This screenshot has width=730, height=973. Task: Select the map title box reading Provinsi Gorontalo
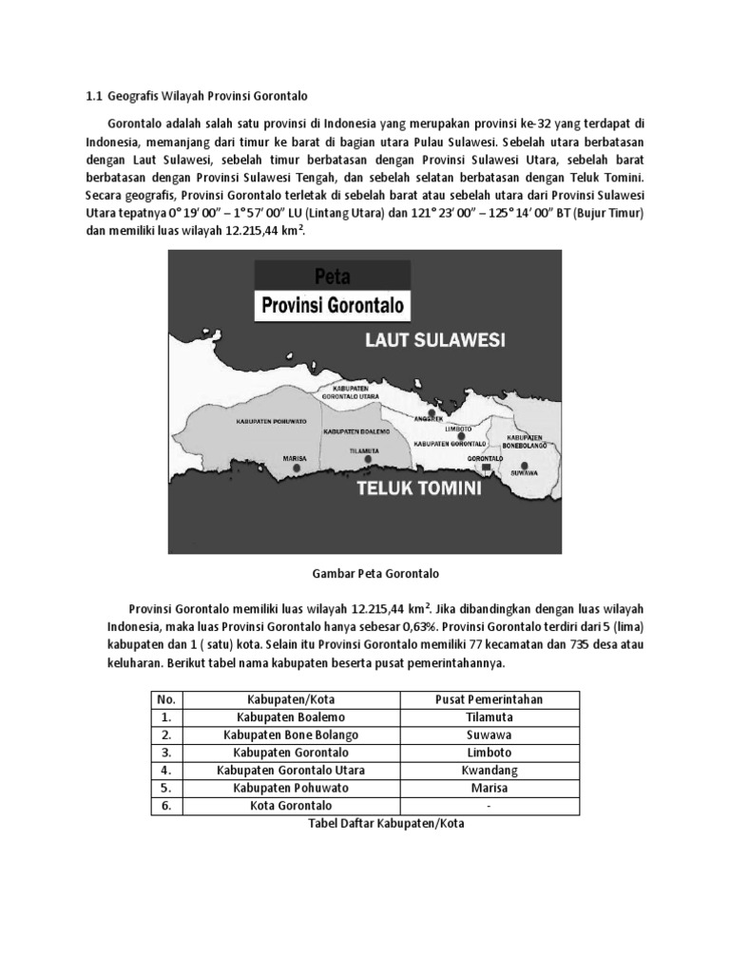pos(333,306)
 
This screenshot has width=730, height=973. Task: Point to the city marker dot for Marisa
pos(298,467)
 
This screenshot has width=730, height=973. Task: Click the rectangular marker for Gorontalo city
pos(485,467)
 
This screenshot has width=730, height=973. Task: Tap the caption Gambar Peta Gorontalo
pos(365,574)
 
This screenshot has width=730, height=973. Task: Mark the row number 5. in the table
pos(166,789)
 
